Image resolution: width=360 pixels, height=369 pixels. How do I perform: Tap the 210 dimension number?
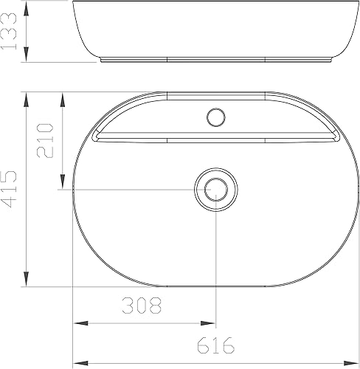click(x=45, y=140)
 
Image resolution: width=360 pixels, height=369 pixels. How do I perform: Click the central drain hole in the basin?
click(x=215, y=189)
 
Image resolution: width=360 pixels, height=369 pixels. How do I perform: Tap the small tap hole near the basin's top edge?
click(x=216, y=117)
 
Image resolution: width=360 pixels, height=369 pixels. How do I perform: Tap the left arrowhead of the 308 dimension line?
click(x=79, y=323)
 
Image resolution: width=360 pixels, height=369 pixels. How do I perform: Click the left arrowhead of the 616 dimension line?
click(x=79, y=362)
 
